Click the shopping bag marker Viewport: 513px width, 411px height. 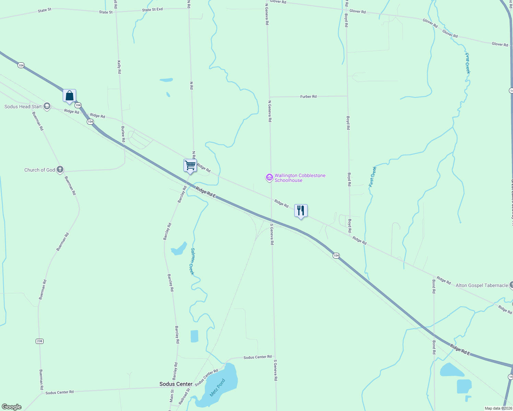click(x=69, y=96)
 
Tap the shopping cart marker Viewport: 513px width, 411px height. click(x=190, y=165)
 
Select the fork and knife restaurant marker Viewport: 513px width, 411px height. click(x=301, y=211)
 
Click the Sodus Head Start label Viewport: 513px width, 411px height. click(x=23, y=107)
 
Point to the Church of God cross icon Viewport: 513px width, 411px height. click(x=60, y=170)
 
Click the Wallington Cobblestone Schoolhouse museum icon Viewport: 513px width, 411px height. click(x=269, y=177)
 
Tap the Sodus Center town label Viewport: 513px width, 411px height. click(x=176, y=384)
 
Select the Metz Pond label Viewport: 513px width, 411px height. click(x=218, y=388)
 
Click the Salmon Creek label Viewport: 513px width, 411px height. click(x=193, y=261)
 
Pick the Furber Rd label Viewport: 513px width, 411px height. click(x=308, y=97)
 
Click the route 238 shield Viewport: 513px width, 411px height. click(x=39, y=341)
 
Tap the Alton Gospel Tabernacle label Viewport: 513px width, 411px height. click(x=481, y=285)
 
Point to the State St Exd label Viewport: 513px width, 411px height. click(x=152, y=10)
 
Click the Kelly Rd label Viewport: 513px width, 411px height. click(x=119, y=67)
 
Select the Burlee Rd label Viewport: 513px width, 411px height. click(x=123, y=134)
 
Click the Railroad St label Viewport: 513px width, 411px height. click(x=184, y=396)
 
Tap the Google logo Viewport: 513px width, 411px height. click(x=12, y=407)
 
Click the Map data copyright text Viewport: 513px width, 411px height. click(x=498, y=408)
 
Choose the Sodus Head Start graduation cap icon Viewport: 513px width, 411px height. click(x=47, y=107)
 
